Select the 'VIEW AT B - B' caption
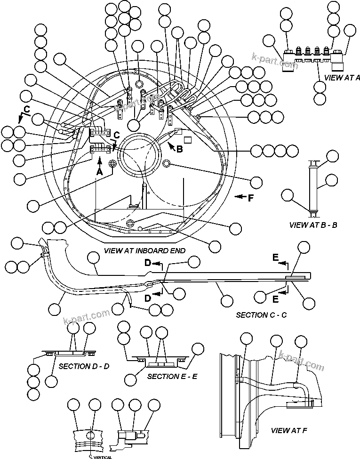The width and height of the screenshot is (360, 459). (313, 225)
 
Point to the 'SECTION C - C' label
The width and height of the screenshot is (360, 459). (261, 314)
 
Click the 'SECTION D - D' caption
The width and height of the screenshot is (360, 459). (84, 366)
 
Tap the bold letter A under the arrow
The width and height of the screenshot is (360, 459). (100, 172)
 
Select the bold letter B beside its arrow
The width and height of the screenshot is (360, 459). (179, 150)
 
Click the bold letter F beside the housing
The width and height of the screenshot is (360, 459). (251, 198)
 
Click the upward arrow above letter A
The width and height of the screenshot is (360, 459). (100, 162)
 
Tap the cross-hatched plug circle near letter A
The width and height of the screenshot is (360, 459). (112, 163)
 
